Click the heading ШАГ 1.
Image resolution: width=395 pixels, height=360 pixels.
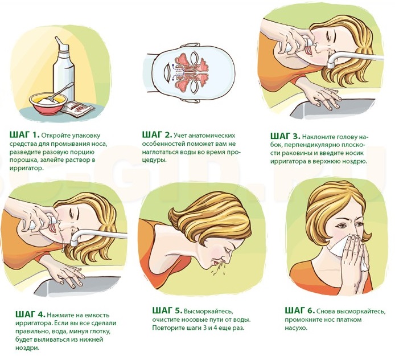pos(24,134)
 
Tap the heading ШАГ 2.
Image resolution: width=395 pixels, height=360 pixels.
pos(157,134)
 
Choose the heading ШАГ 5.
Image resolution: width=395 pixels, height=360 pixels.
pos(167,310)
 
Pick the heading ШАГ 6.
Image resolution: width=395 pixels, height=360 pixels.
pos(300,310)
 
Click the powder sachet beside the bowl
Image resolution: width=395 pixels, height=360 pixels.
pos(77,108)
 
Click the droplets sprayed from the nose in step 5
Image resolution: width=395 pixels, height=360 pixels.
pos(220,268)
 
